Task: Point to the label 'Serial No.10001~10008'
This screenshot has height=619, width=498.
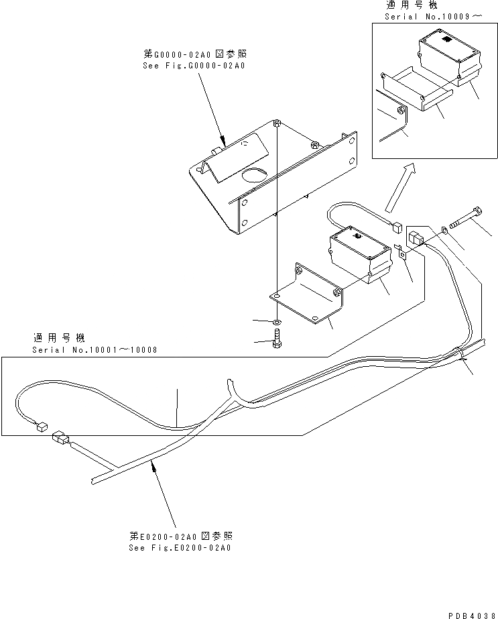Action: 95,350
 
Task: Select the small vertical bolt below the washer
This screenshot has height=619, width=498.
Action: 277,338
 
